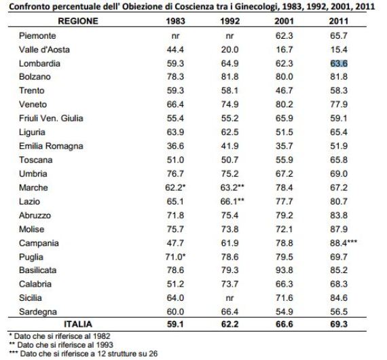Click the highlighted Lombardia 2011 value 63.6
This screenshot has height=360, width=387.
point(339,63)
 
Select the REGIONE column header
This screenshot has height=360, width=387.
point(78,21)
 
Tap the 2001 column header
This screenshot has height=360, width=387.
point(284,21)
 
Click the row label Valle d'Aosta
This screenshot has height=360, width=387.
point(44,50)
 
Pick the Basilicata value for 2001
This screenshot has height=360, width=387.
point(284,270)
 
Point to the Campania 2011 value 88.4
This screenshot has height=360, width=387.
point(339,243)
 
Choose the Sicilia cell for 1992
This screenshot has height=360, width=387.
point(229,298)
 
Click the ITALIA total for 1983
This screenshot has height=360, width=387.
point(175,324)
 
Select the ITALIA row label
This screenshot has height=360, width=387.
point(78,324)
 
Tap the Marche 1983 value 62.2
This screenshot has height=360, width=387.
point(174,187)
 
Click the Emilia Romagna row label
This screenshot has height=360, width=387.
point(51,146)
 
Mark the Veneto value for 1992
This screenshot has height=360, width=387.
point(229,105)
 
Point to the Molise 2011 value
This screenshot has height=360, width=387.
point(339,229)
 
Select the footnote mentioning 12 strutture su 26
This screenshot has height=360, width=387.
point(84,354)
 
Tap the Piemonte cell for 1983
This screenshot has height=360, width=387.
point(175,36)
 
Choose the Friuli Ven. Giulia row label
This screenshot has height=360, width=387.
point(51,118)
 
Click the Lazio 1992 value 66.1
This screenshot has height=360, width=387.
point(229,202)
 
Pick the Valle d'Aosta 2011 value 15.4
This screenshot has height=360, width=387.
point(339,50)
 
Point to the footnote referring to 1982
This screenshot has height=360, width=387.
point(60,336)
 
